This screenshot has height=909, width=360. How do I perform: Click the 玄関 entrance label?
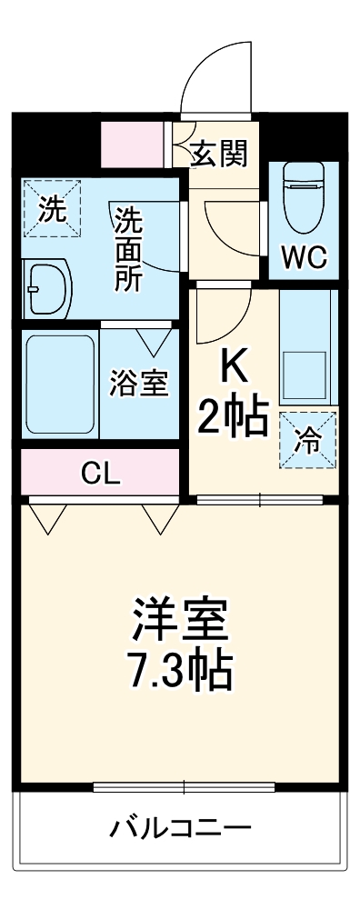click(218, 155)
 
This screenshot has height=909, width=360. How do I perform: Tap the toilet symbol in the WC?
click(303, 195)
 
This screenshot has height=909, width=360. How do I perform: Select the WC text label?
click(303, 257)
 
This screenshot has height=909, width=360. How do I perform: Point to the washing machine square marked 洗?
click(51, 209)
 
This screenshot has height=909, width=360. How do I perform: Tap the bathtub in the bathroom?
click(60, 385)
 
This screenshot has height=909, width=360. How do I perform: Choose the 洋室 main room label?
click(178, 621)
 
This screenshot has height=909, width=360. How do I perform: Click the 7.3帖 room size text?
click(178, 673)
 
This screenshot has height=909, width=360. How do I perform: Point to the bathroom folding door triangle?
click(154, 342)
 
